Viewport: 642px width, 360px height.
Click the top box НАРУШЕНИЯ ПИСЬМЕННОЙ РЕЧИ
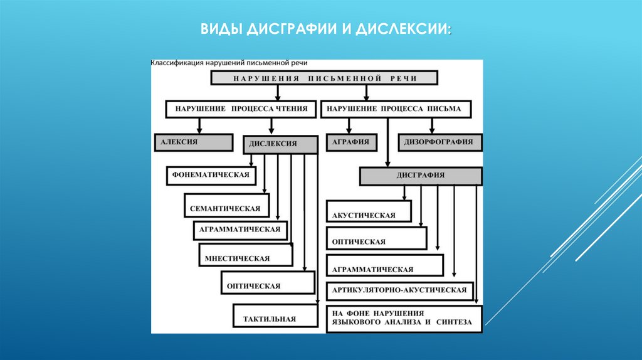click(324, 78)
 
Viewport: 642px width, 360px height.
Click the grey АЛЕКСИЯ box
click(192, 142)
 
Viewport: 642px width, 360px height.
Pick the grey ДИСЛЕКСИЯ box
click(279, 144)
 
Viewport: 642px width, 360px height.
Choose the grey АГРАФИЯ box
click(352, 142)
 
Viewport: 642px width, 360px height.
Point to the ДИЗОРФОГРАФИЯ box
click(441, 142)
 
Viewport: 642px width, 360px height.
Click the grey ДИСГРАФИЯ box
click(421, 176)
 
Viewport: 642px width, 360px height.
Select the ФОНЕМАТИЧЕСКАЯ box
click(212, 175)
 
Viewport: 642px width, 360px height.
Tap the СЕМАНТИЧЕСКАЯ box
click(227, 206)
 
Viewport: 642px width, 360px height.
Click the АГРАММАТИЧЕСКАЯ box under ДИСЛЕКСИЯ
click(240, 230)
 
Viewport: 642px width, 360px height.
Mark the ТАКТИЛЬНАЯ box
click(273, 315)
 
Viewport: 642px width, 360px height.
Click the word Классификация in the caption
click(176, 63)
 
